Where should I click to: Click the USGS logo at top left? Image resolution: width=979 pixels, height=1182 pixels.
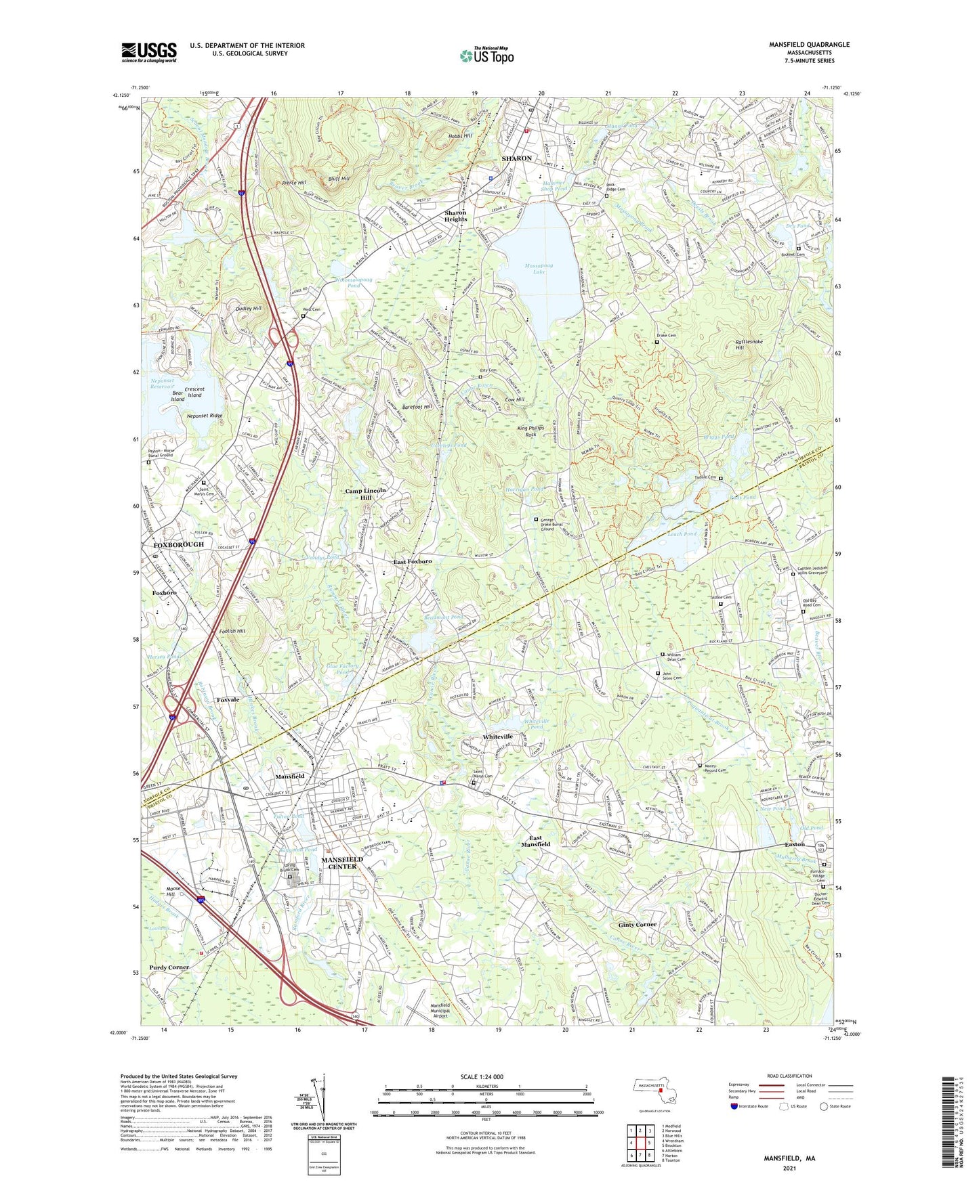pos(149,52)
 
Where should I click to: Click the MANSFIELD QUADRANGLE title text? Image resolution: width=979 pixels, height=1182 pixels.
pos(808,45)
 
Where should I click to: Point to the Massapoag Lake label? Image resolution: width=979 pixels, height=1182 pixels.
pos(539,269)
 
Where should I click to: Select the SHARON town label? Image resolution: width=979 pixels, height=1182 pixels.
pos(516,158)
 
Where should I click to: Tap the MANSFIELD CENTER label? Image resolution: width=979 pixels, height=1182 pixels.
pos(343,862)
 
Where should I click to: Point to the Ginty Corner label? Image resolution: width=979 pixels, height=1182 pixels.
pos(637,925)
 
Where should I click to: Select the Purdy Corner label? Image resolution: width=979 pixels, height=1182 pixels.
pos(169,967)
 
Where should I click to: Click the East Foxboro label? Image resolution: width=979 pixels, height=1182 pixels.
pos(413,562)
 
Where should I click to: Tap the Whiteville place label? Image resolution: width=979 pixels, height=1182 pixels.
pos(497,736)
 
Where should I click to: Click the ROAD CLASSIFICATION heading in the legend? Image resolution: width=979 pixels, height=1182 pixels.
pos(789,1076)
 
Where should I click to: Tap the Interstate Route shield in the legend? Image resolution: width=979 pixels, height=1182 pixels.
pos(734,1106)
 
